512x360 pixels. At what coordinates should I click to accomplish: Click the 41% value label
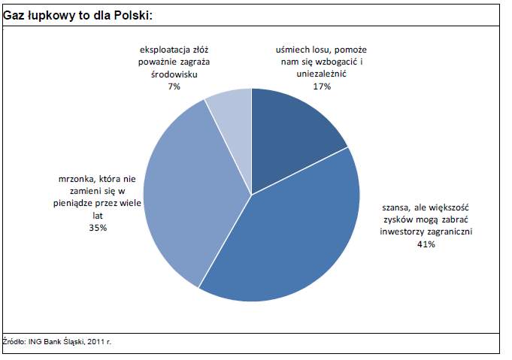pos(426,244)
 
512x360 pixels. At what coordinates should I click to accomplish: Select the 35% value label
pos(98,227)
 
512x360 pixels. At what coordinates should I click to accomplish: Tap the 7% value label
pos(174,86)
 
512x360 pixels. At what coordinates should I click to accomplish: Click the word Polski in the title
pos(137,14)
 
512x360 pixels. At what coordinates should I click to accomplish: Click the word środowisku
pos(174,74)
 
